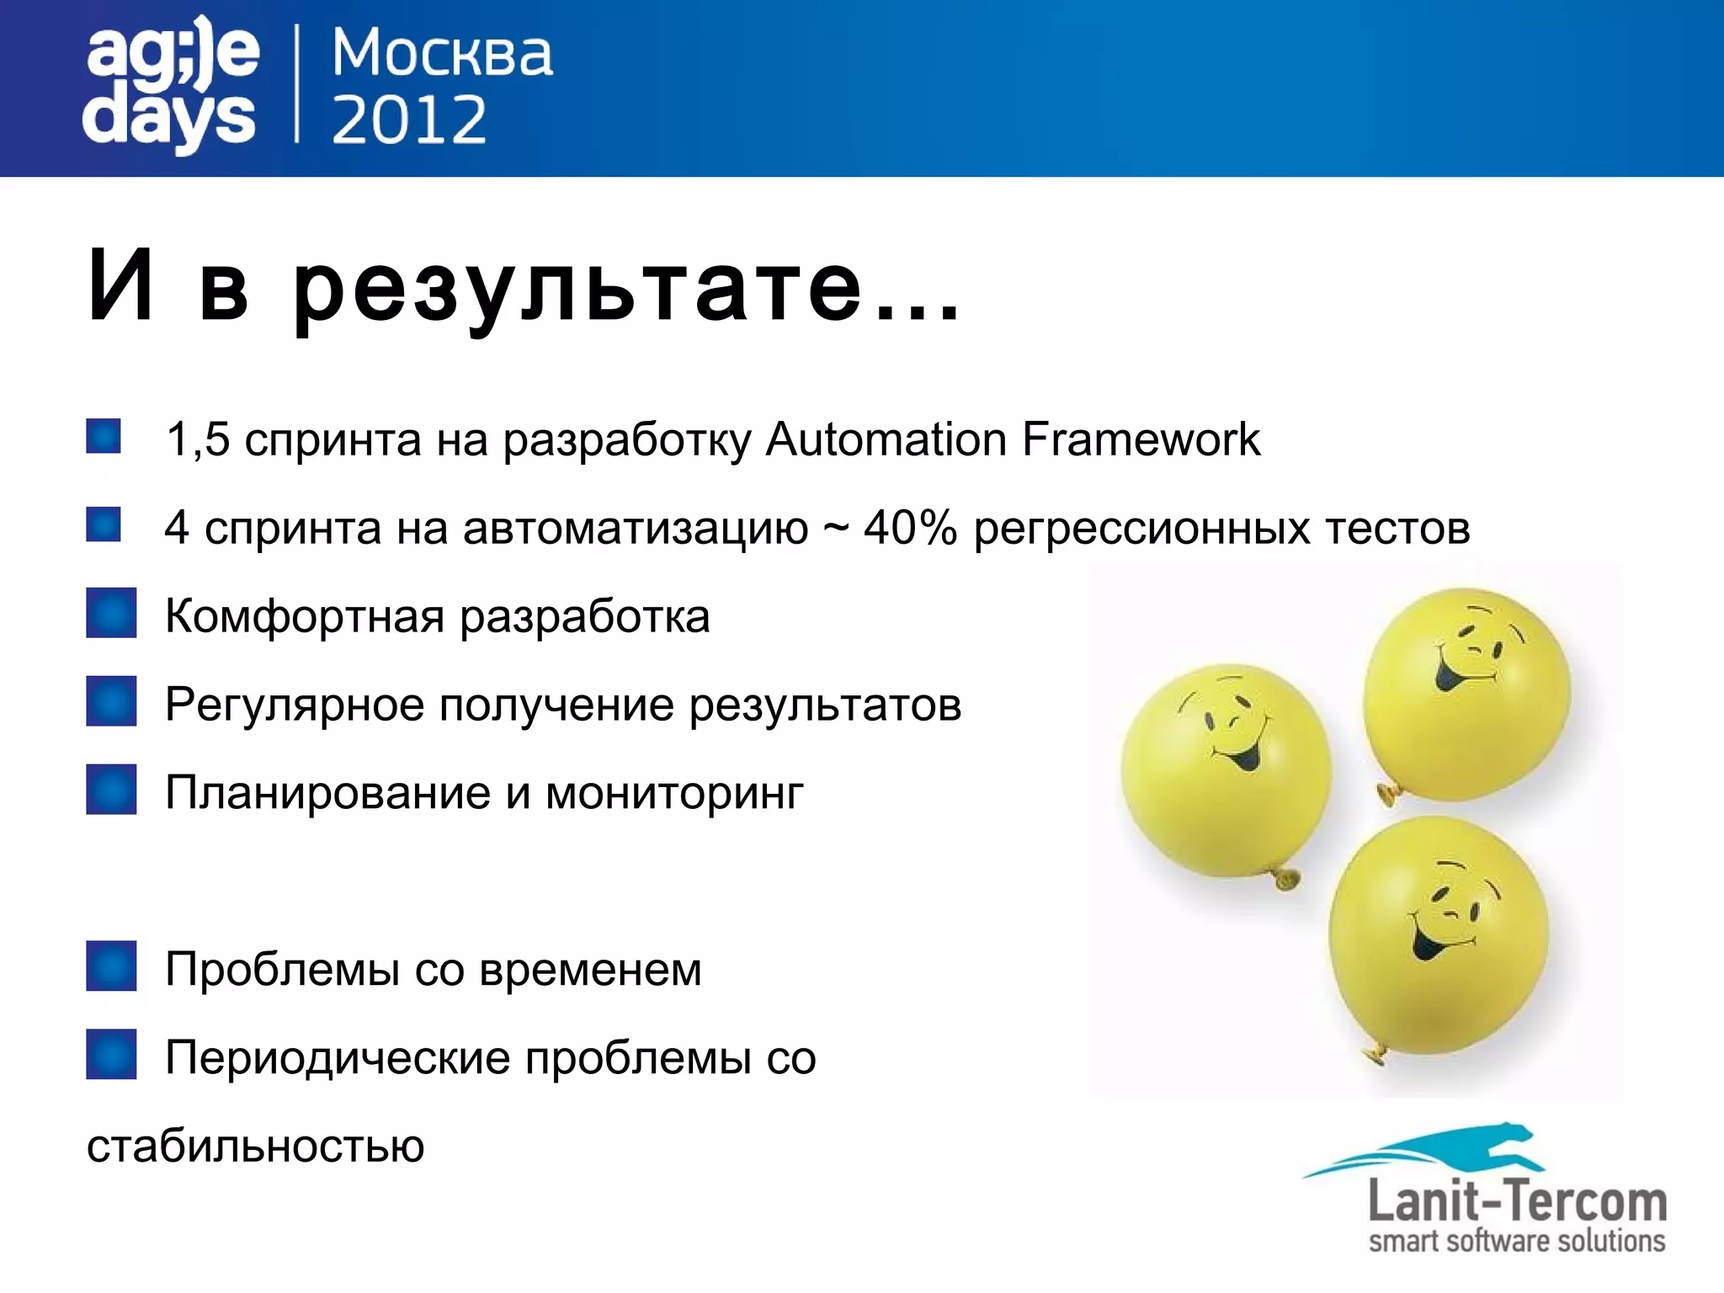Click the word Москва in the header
[x=442, y=55]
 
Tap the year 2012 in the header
[x=409, y=120]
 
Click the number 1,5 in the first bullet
[x=198, y=439]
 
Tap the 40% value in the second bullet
[x=910, y=528]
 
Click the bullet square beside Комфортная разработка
[x=111, y=613]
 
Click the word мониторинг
[x=674, y=794]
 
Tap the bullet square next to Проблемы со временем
[x=111, y=966]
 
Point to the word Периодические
[x=338, y=1058]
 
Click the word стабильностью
[x=255, y=1147]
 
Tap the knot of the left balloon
[x=1285, y=880]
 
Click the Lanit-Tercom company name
[x=1517, y=1201]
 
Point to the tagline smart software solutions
[x=1517, y=1242]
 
